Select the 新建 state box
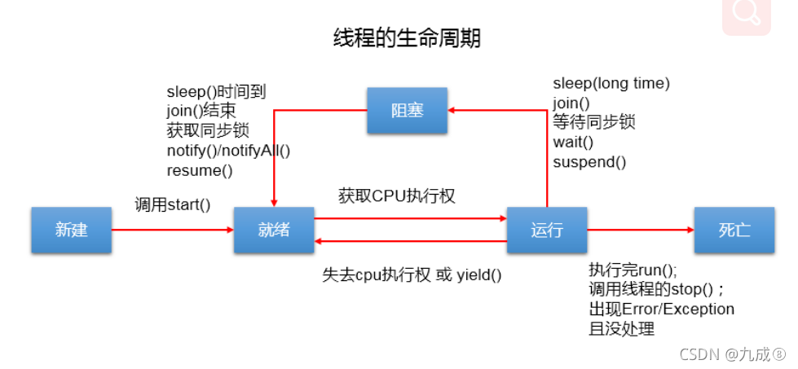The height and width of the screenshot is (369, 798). click(71, 230)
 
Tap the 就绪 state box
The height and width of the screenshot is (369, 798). click(273, 230)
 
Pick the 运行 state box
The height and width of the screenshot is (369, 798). click(546, 230)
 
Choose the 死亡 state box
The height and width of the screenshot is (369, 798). click(734, 230)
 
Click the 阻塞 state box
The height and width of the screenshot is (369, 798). click(407, 110)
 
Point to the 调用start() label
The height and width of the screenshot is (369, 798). click(172, 204)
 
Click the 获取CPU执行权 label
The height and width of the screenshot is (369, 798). click(396, 195)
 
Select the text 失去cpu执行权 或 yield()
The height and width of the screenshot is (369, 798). click(412, 275)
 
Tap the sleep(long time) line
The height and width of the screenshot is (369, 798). click(611, 83)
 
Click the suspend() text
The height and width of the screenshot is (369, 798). click(589, 161)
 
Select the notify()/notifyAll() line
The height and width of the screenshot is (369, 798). click(228, 151)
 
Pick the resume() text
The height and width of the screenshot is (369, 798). click(200, 170)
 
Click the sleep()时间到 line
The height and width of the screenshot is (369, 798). click(216, 92)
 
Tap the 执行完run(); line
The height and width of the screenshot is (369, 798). click(633, 270)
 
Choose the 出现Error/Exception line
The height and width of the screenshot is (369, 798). click(661, 310)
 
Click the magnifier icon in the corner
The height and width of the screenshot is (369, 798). click(745, 14)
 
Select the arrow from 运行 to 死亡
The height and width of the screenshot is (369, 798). click(640, 230)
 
